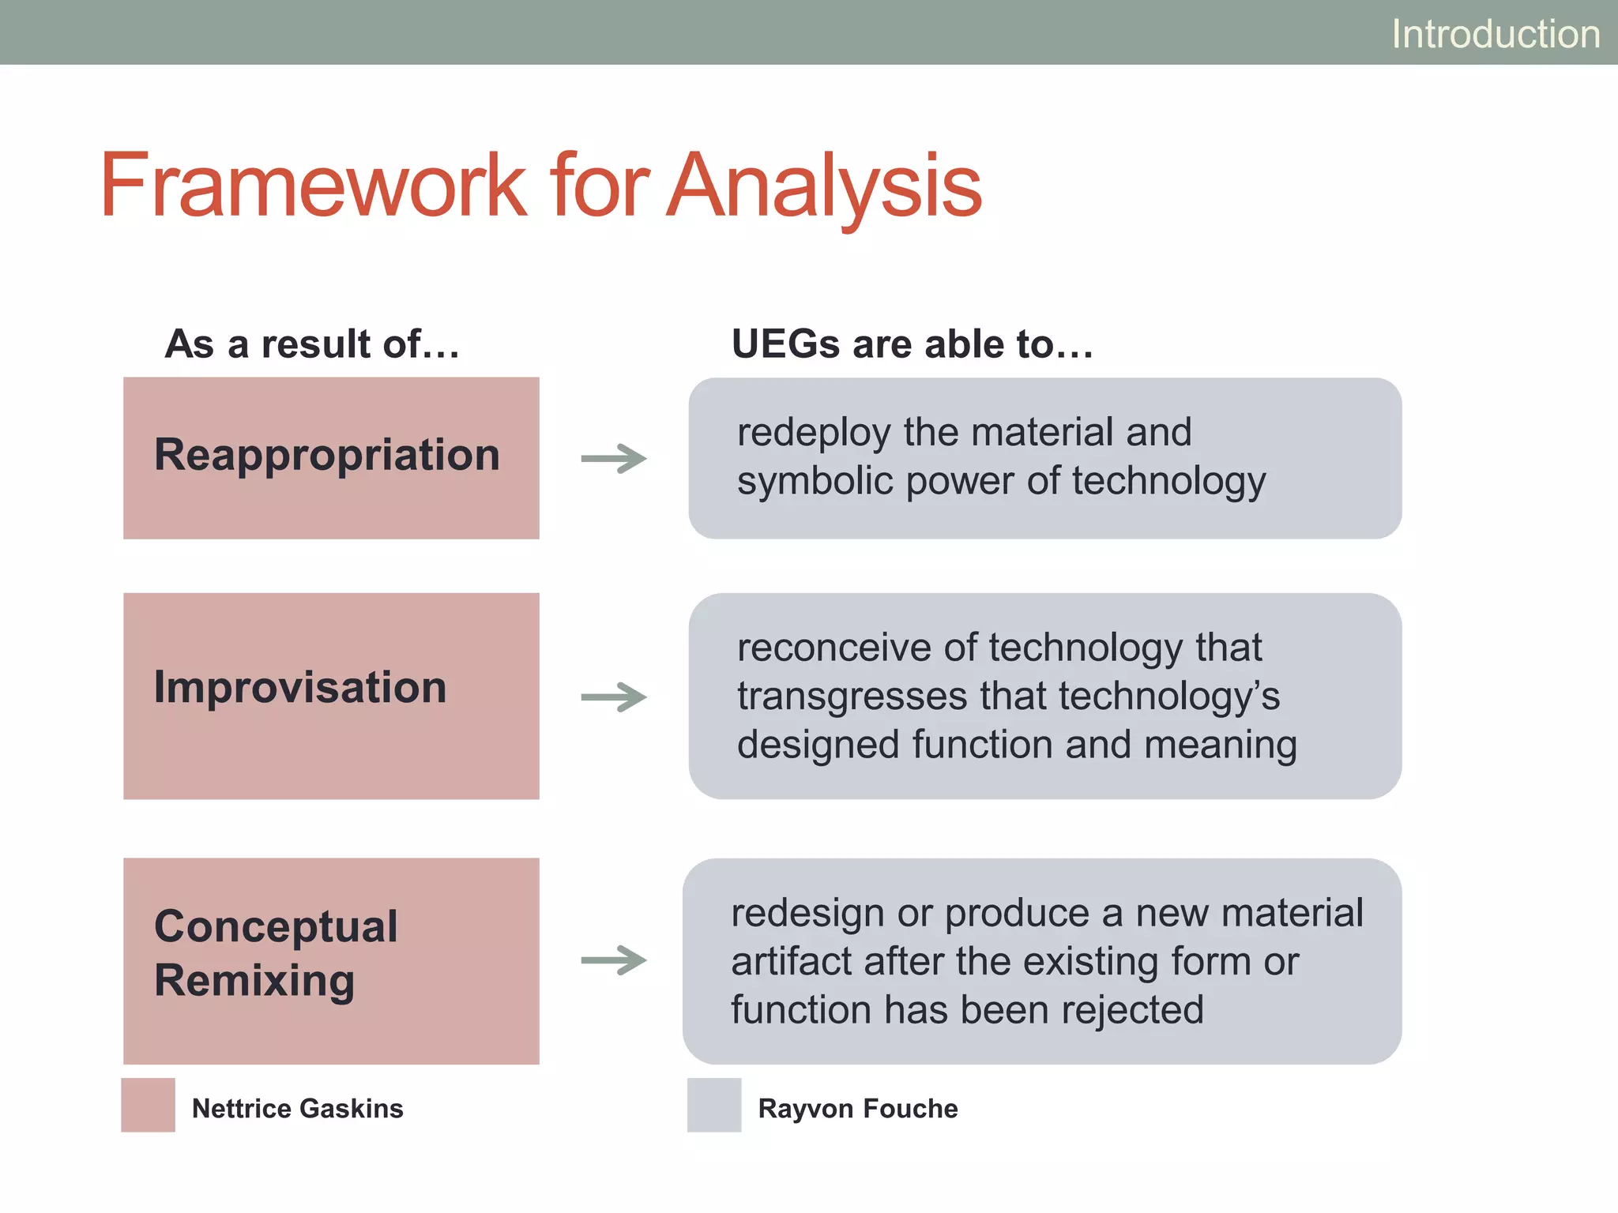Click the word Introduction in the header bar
[1495, 34]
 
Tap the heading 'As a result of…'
[312, 344]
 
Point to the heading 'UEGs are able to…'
[912, 344]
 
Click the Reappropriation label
[327, 455]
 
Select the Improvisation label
[300, 687]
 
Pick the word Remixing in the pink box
[254, 981]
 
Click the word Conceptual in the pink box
[276, 926]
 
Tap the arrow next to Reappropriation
[614, 459]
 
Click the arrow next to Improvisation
[614, 697]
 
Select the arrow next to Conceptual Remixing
[614, 960]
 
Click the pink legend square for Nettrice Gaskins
[148, 1105]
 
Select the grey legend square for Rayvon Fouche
[714, 1105]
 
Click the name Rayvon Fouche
[858, 1109]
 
